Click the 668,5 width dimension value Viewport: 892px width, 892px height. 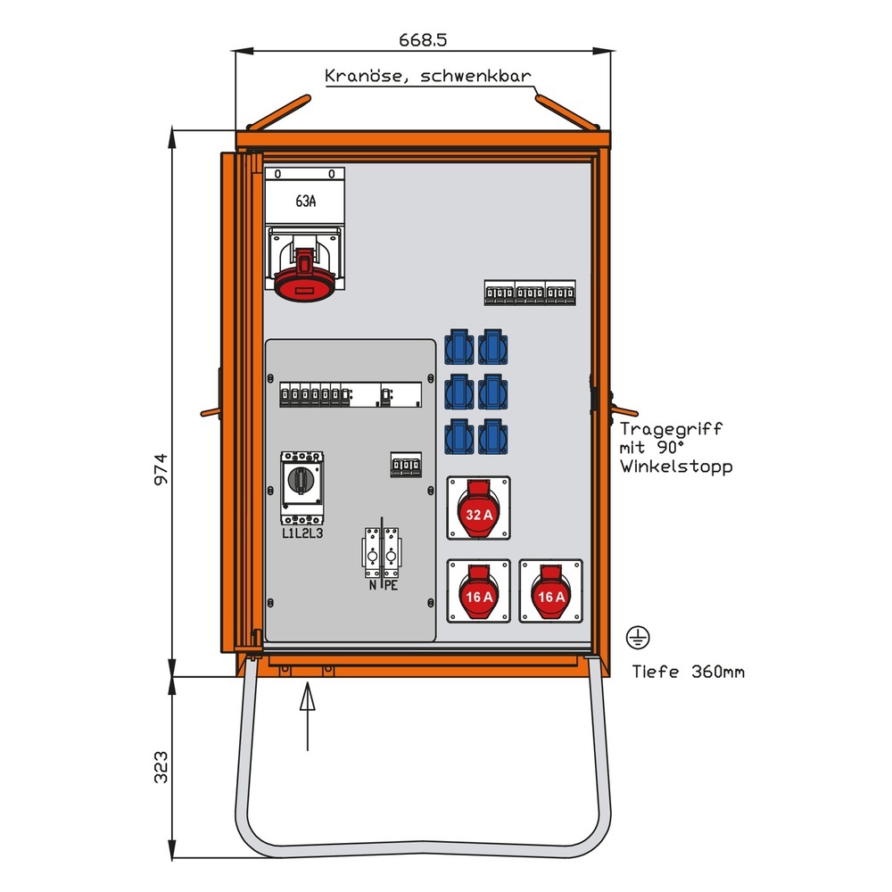coord(422,40)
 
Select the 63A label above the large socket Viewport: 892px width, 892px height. coord(305,202)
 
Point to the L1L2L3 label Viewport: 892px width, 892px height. coord(302,534)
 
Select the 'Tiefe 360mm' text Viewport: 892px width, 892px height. coord(688,673)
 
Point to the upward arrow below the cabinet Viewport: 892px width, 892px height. coord(306,714)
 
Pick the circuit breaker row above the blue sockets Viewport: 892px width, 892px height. coord(529,293)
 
